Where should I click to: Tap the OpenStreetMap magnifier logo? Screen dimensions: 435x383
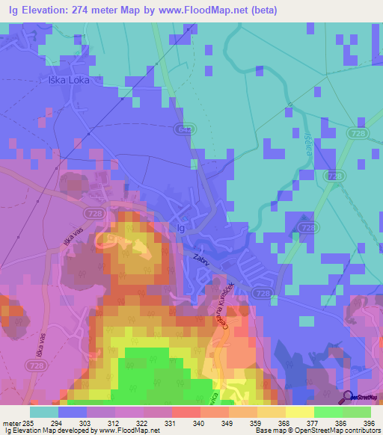click(348, 397)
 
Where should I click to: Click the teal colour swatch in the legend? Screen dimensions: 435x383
click(43, 412)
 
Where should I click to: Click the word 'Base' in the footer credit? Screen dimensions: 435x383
click(263, 431)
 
